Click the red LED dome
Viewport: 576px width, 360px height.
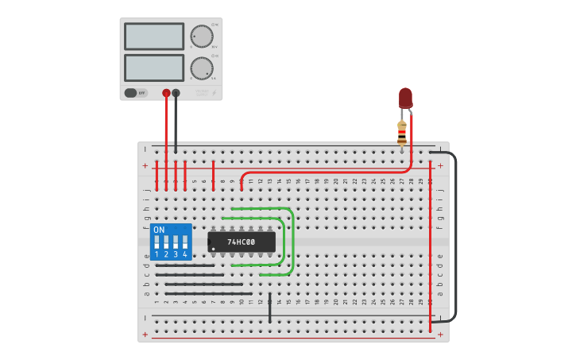[405, 97]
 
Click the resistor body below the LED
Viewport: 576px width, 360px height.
[402, 132]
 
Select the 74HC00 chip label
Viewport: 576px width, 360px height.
[242, 242]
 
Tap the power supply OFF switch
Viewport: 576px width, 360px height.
[136, 93]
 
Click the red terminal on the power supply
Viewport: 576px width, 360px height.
[166, 93]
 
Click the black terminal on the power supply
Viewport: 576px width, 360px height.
[176, 93]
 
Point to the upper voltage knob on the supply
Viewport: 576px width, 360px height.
[202, 37]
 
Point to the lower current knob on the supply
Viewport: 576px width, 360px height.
[202, 68]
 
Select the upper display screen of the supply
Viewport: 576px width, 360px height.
[154, 37]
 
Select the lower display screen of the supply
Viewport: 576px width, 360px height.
[154, 68]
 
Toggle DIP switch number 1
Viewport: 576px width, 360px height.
[157, 240]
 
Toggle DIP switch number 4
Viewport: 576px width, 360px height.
[185, 240]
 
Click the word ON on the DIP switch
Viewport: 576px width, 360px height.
[159, 230]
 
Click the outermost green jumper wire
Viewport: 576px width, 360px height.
[293, 242]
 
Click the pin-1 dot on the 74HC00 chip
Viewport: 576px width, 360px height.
[214, 249]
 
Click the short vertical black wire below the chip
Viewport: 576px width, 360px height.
[270, 308]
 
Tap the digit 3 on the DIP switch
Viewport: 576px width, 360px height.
[176, 254]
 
